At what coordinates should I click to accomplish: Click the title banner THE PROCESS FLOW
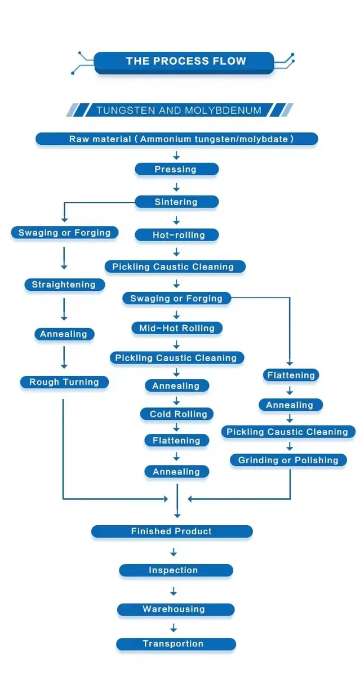click(185, 61)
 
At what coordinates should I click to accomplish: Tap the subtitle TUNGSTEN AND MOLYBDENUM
click(179, 110)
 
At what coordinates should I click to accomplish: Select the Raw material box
click(177, 139)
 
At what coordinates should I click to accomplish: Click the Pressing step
click(176, 169)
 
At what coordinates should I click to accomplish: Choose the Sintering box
click(176, 202)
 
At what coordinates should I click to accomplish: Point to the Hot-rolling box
click(177, 235)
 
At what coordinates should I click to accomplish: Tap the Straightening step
click(64, 285)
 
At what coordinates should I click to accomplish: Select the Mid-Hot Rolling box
click(177, 328)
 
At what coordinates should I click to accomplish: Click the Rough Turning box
click(64, 382)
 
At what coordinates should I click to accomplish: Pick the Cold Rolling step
click(177, 414)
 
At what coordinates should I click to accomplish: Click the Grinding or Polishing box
click(288, 460)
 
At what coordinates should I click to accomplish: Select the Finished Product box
click(172, 531)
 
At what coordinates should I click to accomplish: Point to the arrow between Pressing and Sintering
click(176, 186)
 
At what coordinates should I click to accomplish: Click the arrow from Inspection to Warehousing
click(174, 591)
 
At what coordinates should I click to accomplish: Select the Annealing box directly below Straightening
click(64, 334)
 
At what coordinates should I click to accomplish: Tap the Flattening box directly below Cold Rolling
click(177, 441)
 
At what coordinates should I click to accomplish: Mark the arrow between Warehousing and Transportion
click(174, 627)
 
